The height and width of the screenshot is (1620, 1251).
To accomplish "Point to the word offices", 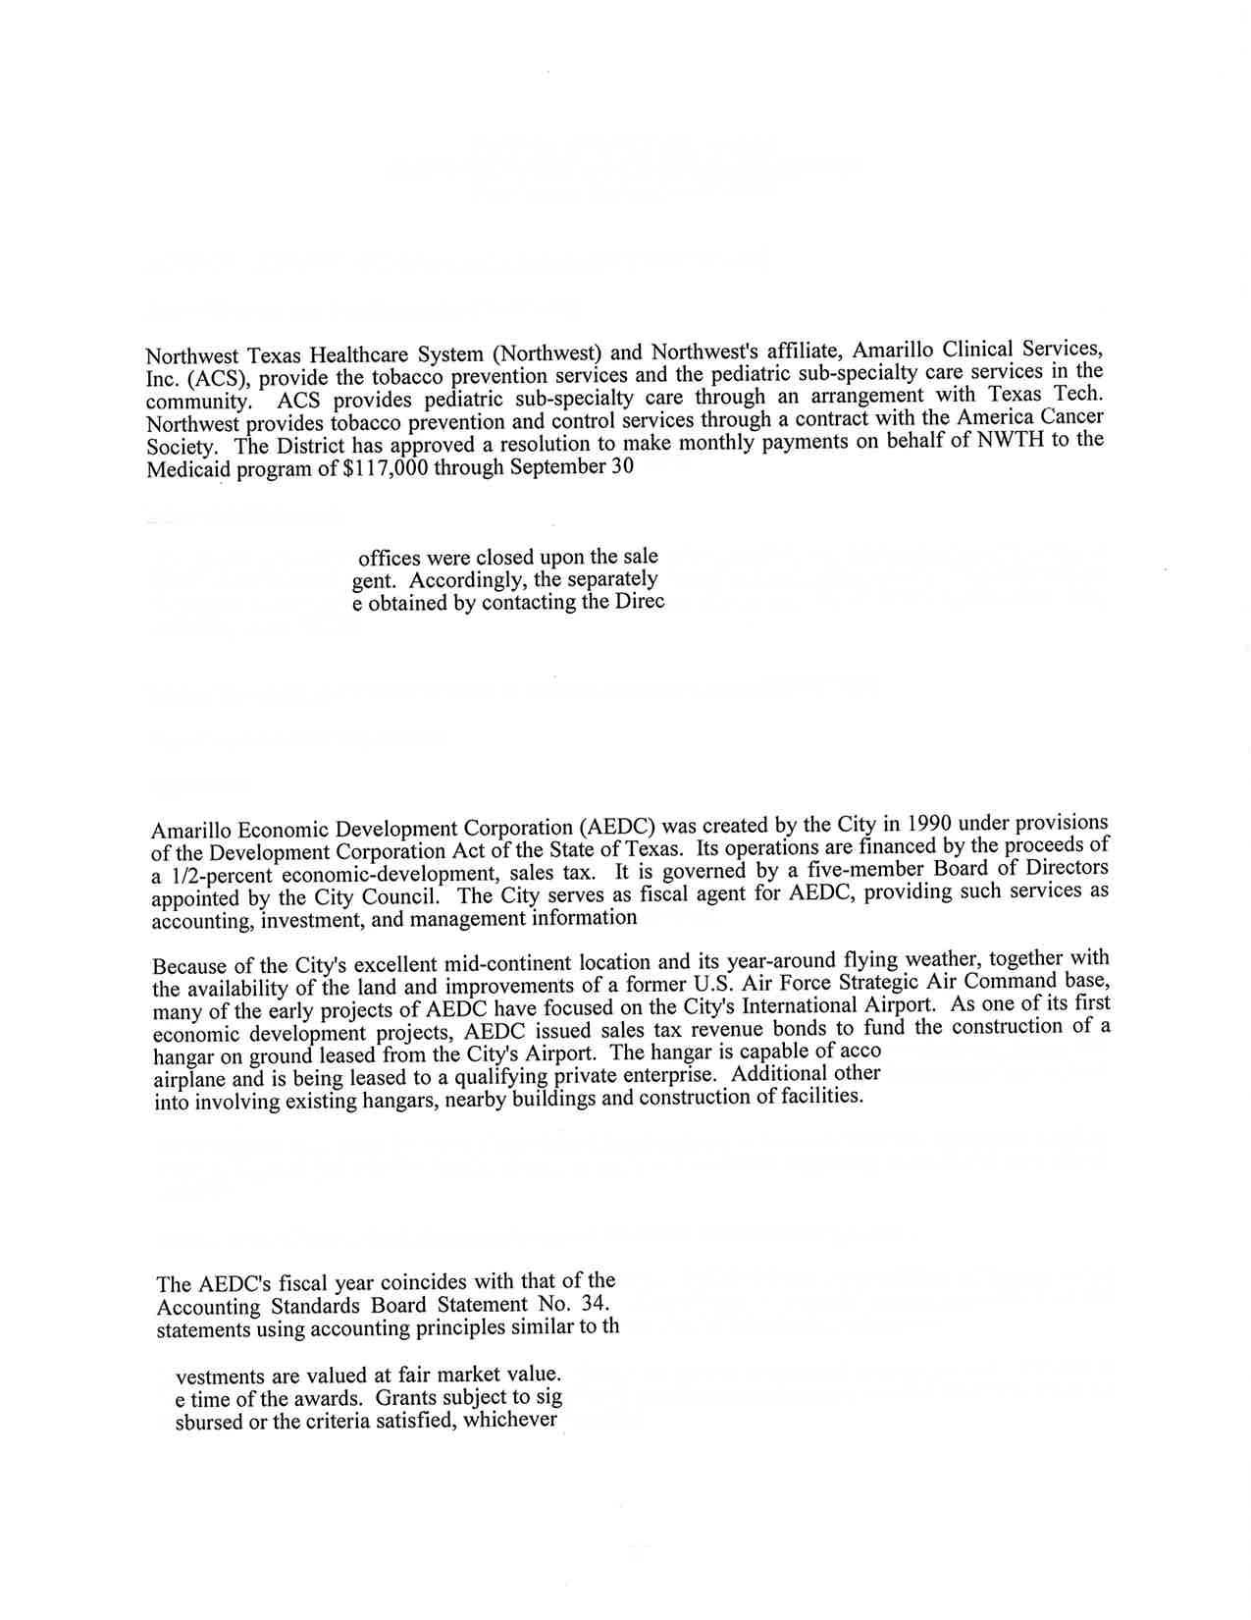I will click(391, 558).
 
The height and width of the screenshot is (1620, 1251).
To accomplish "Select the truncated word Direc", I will click(639, 601).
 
